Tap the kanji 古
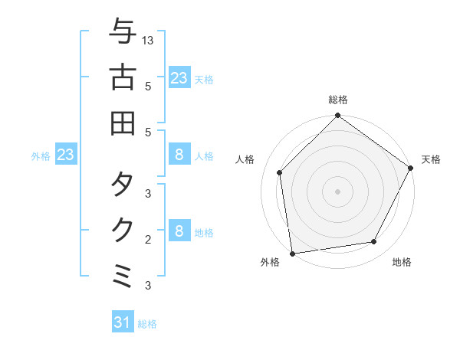(123, 77)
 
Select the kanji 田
(123, 123)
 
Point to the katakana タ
(123, 185)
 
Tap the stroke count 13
(148, 40)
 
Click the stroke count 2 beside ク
(148, 240)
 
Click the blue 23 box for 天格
(179, 77)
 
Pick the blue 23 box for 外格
(65, 155)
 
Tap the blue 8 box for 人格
(179, 155)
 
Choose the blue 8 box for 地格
(179, 231)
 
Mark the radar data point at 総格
(337, 116)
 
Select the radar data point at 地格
(374, 241)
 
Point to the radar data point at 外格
(292, 253)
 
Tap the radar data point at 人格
(280, 172)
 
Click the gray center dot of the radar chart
(337, 191)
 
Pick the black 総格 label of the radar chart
(337, 100)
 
